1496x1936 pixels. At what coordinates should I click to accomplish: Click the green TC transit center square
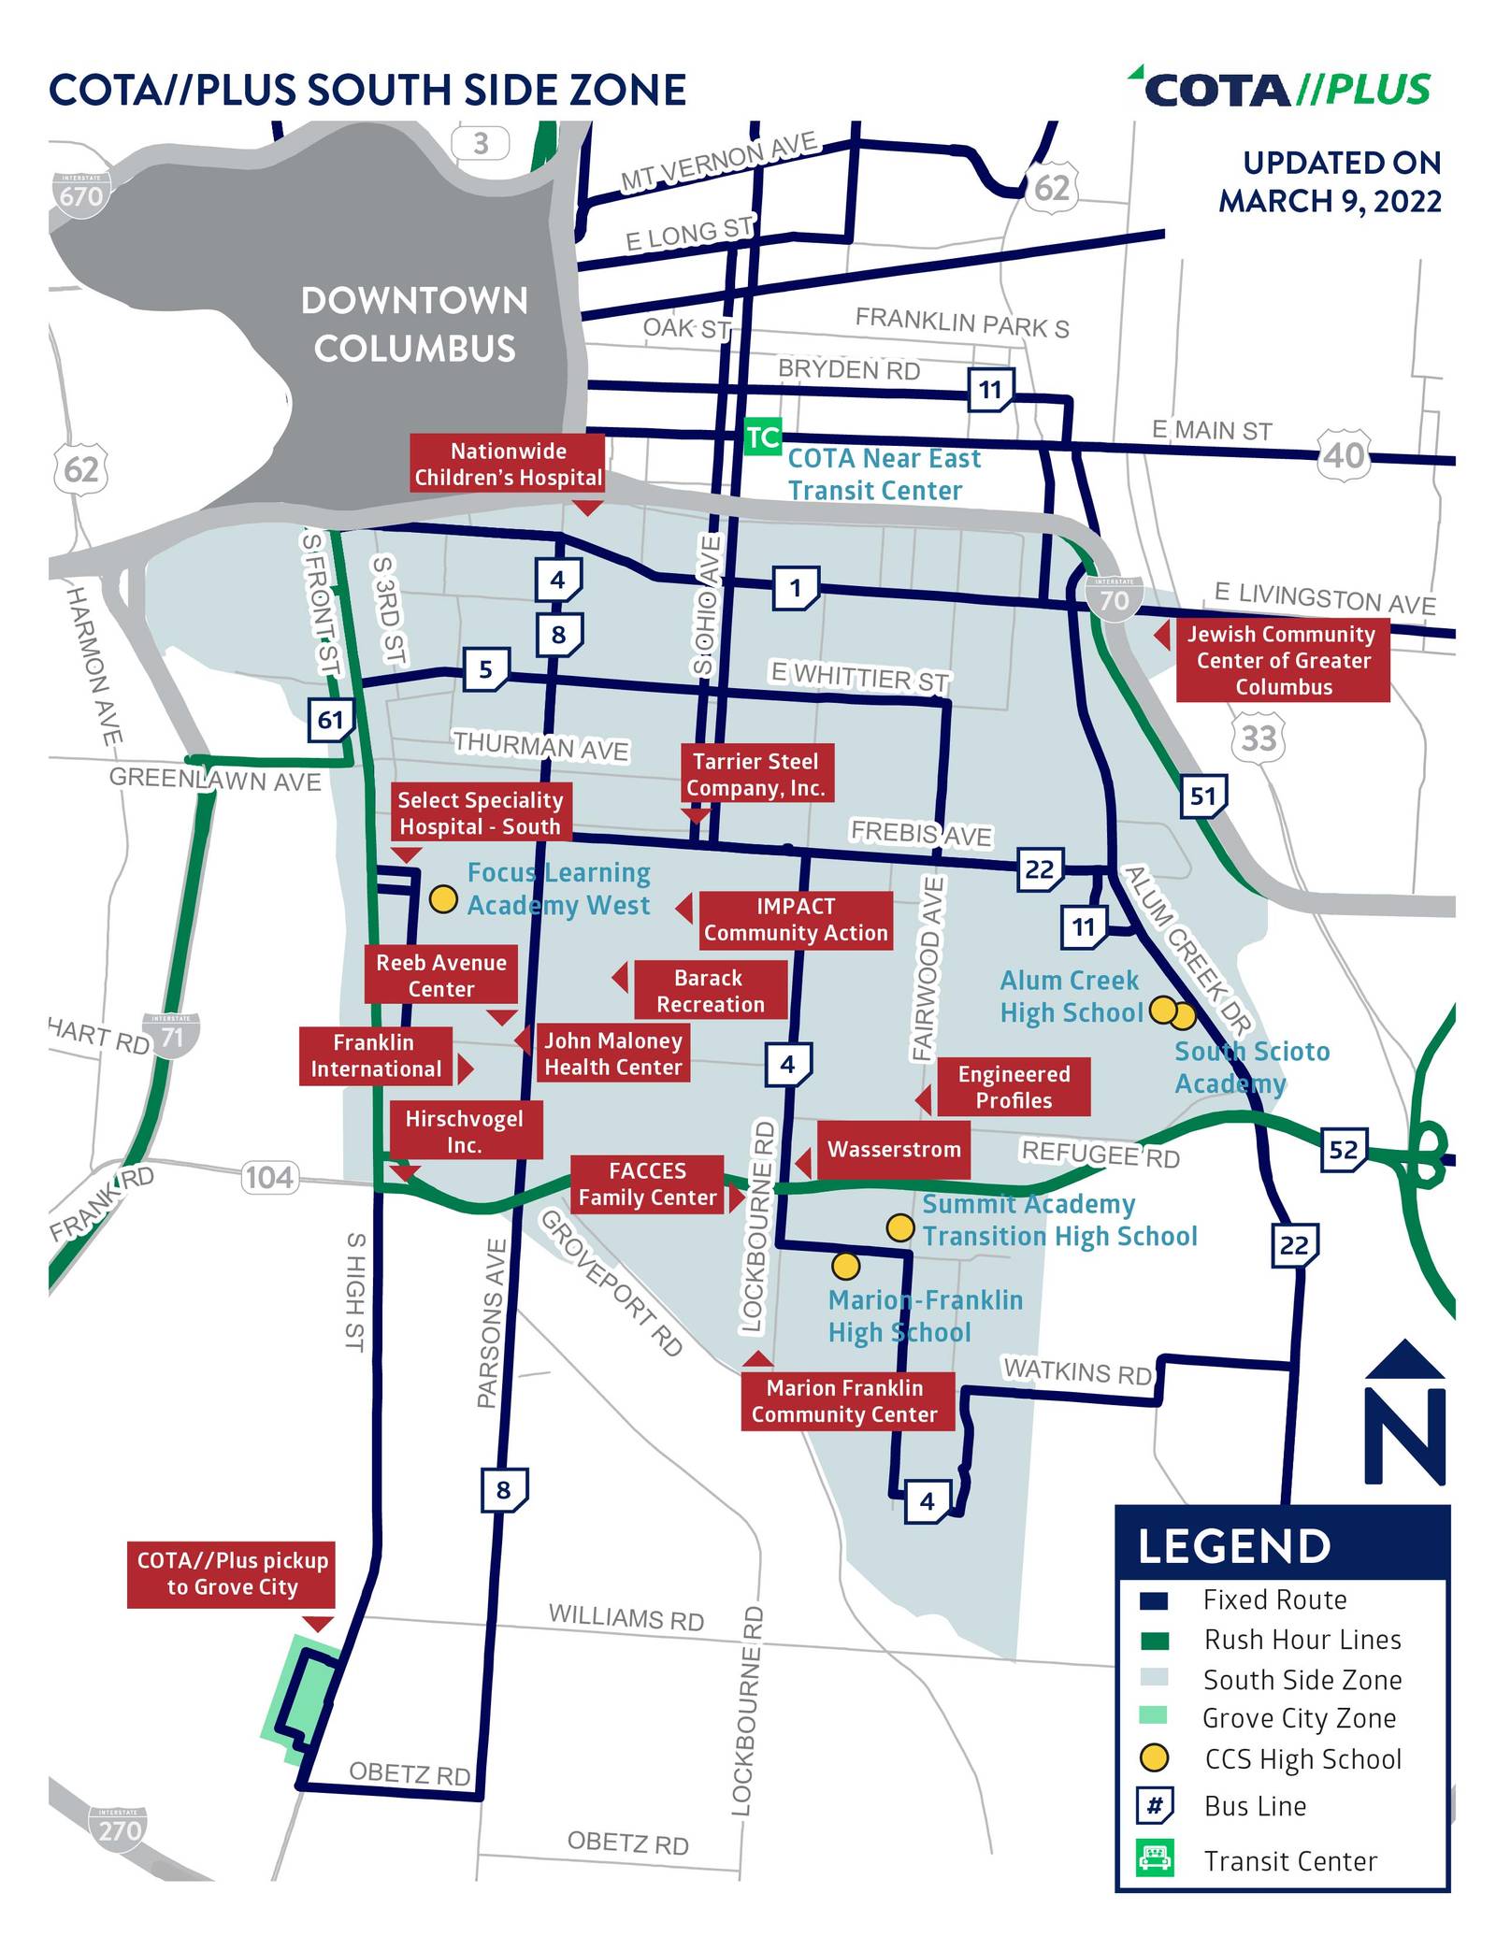[762, 437]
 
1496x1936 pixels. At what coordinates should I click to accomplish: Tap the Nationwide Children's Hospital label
[509, 465]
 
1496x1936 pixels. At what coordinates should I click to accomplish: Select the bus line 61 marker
[330, 719]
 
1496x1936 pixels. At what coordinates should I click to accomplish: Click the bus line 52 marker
[1344, 1149]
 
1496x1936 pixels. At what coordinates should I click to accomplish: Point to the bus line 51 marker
[1202, 796]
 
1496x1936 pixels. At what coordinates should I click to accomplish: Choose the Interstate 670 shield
[80, 194]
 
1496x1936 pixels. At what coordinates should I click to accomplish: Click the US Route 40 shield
[1345, 455]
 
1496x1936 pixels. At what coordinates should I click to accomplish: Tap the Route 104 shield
[269, 1176]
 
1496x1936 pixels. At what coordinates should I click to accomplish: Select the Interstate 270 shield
[119, 1829]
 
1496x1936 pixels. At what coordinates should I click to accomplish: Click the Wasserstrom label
[894, 1149]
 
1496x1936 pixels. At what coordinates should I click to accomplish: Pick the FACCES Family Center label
[647, 1183]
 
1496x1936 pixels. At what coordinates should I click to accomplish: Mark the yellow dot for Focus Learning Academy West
[443, 899]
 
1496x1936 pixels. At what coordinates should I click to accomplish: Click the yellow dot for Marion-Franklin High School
[845, 1266]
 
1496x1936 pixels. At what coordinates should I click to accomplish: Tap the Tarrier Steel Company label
[755, 774]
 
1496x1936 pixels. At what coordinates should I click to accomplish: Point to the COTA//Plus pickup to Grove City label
[232, 1573]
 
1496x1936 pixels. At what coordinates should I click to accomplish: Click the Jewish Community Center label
[1283, 660]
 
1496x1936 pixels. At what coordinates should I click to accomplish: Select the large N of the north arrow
[1405, 1437]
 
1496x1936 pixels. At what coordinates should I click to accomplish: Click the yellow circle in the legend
[1155, 1757]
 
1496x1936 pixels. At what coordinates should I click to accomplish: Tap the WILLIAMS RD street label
[626, 1616]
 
